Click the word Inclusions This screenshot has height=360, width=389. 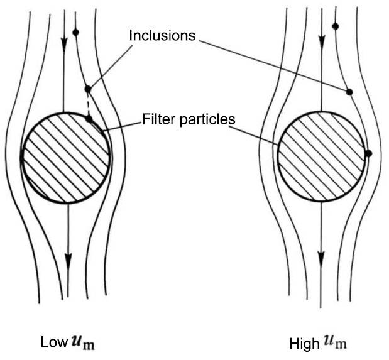pyautogui.click(x=162, y=35)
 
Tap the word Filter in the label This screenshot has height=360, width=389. pyautogui.click(x=156, y=118)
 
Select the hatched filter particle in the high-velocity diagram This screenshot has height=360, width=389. pyautogui.click(x=321, y=157)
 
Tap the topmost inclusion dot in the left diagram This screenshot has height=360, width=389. pyautogui.click(x=75, y=32)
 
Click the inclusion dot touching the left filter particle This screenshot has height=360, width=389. pyautogui.click(x=89, y=117)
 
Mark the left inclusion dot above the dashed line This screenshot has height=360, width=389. pyautogui.click(x=88, y=89)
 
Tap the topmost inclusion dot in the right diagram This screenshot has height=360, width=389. pyautogui.click(x=335, y=26)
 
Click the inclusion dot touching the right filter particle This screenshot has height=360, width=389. pyautogui.click(x=368, y=153)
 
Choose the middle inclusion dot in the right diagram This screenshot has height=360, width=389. pyautogui.click(x=349, y=92)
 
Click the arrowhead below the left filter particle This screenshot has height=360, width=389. pyautogui.click(x=68, y=259)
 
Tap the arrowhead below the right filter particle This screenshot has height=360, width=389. pyautogui.click(x=321, y=258)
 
